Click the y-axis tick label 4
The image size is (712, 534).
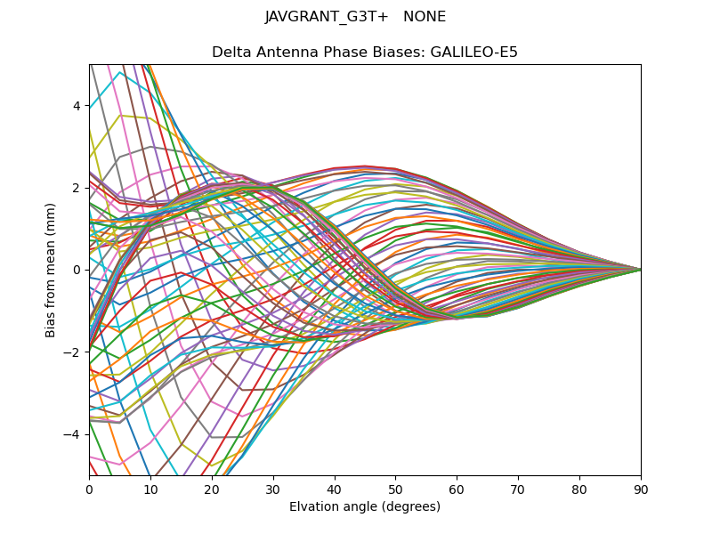coord(77,106)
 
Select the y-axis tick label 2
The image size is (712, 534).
coord(77,188)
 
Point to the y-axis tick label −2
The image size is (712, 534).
coord(73,352)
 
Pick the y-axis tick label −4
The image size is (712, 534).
coord(73,433)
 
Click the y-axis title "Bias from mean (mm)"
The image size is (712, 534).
coord(52,269)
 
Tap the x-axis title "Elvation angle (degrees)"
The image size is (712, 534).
coord(365,507)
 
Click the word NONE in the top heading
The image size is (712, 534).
coord(425,17)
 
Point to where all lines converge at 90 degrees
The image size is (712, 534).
coord(641,270)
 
